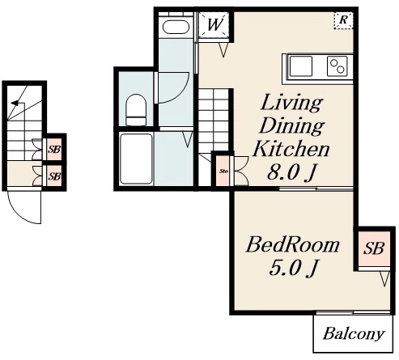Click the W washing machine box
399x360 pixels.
[214, 24]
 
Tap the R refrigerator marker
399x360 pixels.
[343, 20]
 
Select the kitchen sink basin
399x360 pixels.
[301, 66]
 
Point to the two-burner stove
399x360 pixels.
[337, 66]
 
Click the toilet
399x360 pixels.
[136, 110]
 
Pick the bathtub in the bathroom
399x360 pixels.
[136, 159]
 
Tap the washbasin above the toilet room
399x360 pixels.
[176, 27]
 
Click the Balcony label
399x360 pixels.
[354, 333]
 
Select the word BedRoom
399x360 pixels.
[293, 245]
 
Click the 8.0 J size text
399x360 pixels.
[291, 172]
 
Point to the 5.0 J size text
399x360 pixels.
[294, 268]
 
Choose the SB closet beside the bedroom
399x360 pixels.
[374, 248]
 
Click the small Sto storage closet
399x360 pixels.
[223, 171]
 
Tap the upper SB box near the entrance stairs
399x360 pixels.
[54, 149]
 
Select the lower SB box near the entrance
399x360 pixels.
[54, 176]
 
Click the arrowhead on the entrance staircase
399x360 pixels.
[15, 103]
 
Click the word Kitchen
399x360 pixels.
[291, 149]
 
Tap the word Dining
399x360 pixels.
[291, 126]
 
